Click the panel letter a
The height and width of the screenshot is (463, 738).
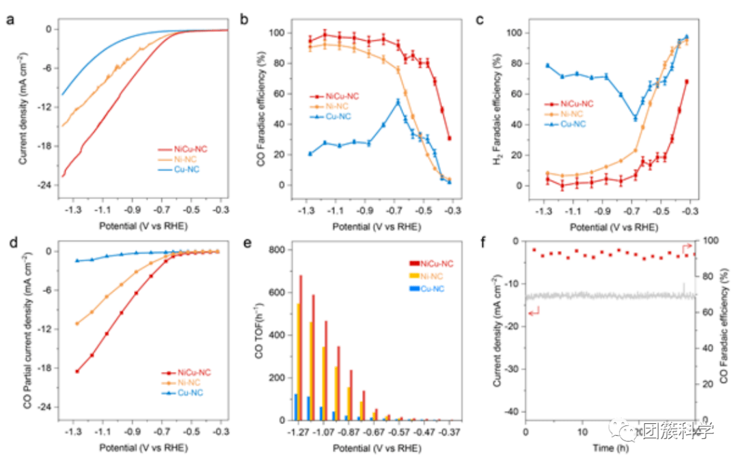(10, 20)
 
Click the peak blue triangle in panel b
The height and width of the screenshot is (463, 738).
(398, 102)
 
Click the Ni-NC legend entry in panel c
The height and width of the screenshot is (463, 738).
(571, 114)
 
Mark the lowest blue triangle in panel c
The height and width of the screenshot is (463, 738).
(635, 118)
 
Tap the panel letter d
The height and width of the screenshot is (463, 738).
(10, 243)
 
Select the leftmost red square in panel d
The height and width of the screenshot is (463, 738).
(77, 371)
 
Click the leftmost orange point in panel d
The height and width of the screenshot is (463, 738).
(77, 323)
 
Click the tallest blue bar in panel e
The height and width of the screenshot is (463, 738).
(296, 407)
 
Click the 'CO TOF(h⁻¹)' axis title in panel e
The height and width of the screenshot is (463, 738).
(260, 334)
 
